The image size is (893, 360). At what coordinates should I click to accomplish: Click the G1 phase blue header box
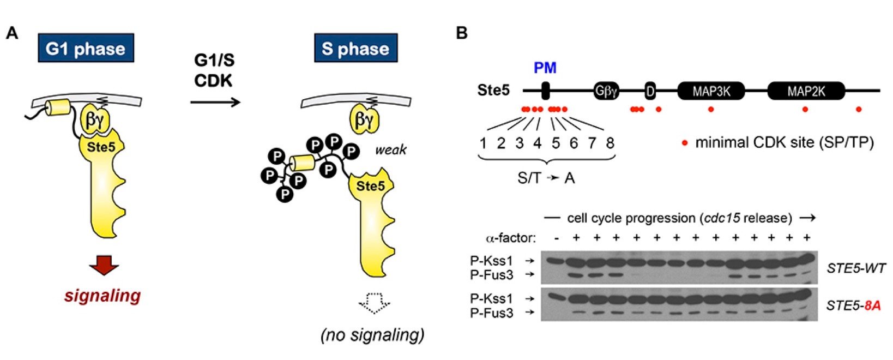86,49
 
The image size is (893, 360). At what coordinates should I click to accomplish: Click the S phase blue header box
355,49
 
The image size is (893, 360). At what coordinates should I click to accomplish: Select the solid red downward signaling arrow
104,265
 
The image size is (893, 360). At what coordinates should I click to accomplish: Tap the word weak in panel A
390,149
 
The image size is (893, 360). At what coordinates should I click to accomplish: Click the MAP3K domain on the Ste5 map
711,91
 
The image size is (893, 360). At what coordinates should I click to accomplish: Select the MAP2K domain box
806,91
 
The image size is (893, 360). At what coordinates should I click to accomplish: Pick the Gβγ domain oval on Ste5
606,91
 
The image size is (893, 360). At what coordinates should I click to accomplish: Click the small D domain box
649,91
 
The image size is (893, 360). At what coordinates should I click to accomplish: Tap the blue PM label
545,68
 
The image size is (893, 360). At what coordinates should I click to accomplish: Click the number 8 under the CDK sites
610,143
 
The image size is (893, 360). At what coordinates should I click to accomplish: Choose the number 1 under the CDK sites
483,143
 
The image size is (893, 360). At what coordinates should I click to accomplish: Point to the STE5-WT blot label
855,268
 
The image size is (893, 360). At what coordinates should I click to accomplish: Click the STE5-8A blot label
853,305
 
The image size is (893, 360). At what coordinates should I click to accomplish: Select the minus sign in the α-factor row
556,238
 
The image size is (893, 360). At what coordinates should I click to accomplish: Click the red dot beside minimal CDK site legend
685,143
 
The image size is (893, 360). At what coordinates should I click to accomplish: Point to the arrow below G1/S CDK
215,102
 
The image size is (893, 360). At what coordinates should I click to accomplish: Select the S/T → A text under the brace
546,178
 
